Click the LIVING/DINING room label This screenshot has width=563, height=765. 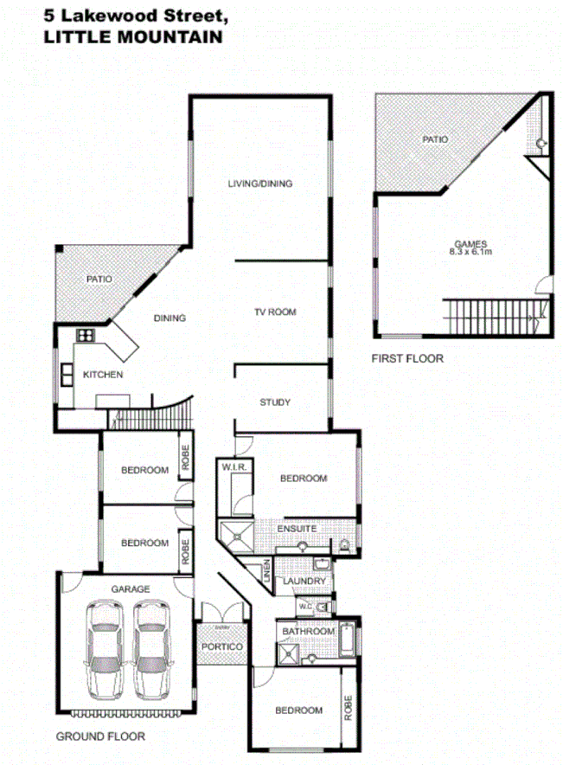[259, 183]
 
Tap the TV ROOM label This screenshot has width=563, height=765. [275, 312]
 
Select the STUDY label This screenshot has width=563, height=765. [275, 402]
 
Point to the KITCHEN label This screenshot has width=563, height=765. [102, 375]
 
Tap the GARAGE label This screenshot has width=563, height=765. [131, 588]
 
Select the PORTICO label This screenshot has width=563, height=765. [221, 647]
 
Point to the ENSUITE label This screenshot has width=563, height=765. [297, 528]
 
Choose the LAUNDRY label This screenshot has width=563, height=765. [304, 582]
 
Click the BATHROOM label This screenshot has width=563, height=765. [308, 632]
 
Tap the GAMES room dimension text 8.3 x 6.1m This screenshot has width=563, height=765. [470, 252]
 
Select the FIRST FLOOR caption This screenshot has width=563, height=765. [407, 357]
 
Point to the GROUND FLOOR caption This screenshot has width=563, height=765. [100, 736]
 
